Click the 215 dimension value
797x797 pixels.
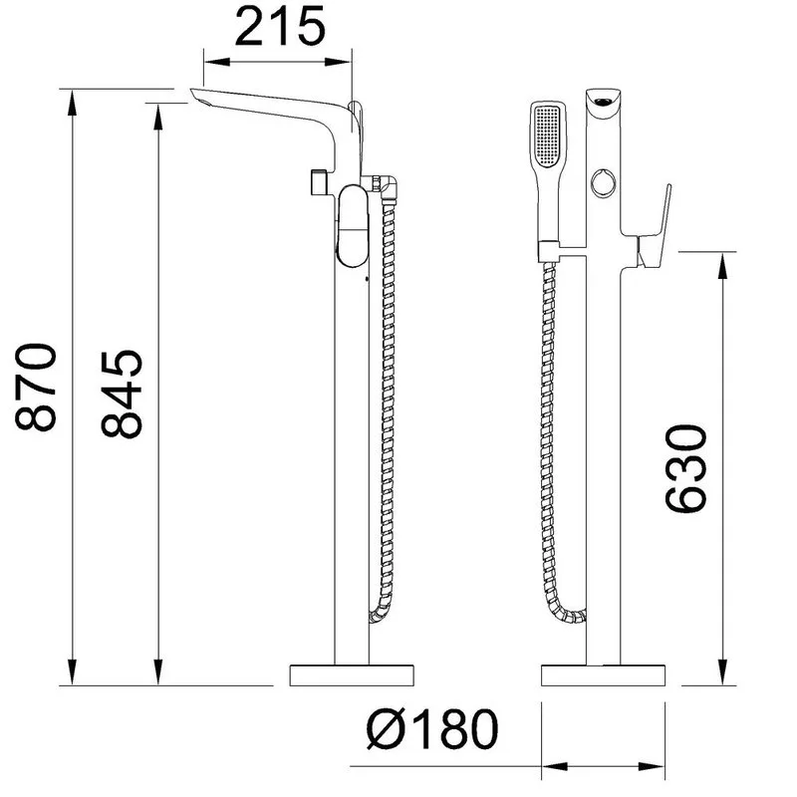pos(280,27)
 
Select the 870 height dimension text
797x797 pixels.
pos(36,388)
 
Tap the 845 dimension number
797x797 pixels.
pos(122,394)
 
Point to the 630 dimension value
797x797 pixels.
pos(686,468)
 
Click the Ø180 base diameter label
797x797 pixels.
pos(432,729)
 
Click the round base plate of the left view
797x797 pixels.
pos(352,675)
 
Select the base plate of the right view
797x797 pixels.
pos(604,675)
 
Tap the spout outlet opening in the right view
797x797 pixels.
pos(604,102)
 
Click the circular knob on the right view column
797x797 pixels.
pos(604,182)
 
